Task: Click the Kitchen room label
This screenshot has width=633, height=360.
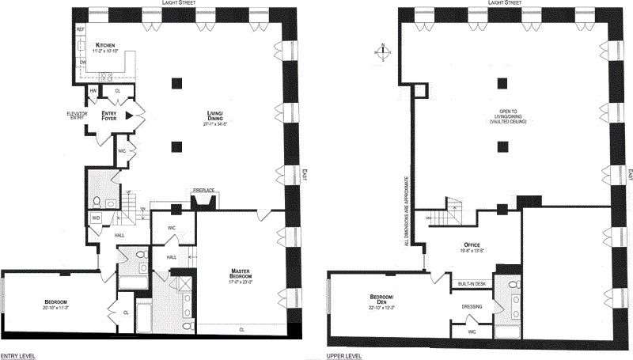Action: click(106, 46)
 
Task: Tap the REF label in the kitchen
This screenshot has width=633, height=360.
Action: click(80, 29)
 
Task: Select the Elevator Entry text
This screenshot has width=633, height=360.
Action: click(77, 116)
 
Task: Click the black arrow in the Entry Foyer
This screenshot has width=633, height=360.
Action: click(127, 116)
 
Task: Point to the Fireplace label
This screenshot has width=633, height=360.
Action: click(204, 191)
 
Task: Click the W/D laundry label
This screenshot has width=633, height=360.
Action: click(96, 218)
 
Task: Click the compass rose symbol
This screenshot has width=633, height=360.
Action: click(383, 53)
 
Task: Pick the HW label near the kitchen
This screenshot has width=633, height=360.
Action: click(93, 91)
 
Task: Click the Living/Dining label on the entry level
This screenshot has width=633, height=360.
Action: click(215, 118)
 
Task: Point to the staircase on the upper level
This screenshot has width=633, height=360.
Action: click(453, 213)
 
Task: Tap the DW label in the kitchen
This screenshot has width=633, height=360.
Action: click(80, 61)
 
